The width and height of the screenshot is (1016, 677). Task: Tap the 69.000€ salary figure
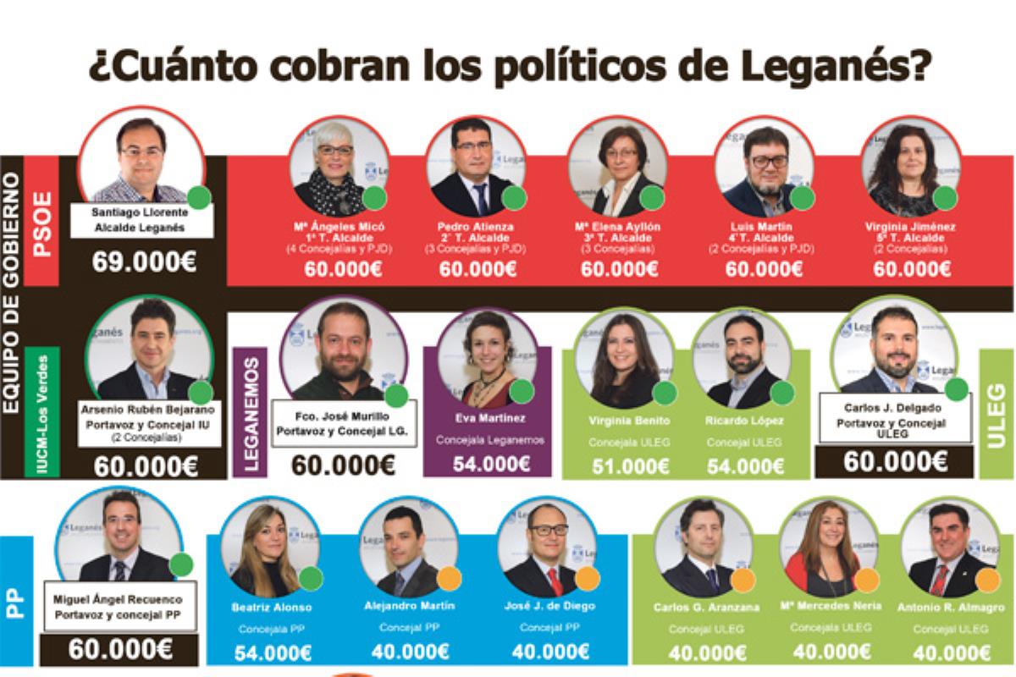(144, 261)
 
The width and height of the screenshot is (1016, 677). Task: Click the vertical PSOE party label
(41, 223)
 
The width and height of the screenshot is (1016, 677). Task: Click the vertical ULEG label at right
(997, 414)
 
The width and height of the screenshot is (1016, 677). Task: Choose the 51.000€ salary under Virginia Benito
(631, 465)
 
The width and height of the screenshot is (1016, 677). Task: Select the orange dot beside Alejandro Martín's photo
(449, 578)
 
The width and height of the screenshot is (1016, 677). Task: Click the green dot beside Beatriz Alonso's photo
(311, 578)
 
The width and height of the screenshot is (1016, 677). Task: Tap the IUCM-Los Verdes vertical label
(41, 413)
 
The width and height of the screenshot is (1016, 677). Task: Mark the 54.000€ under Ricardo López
(746, 465)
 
